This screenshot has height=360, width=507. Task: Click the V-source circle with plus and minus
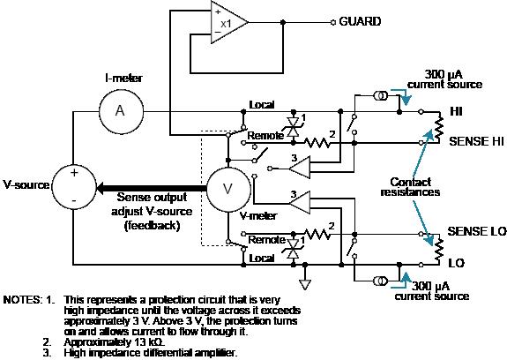[74, 186]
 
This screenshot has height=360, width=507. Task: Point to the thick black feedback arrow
[141, 187]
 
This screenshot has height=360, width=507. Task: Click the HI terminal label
[457, 112]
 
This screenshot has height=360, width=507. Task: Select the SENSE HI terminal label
[477, 140]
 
